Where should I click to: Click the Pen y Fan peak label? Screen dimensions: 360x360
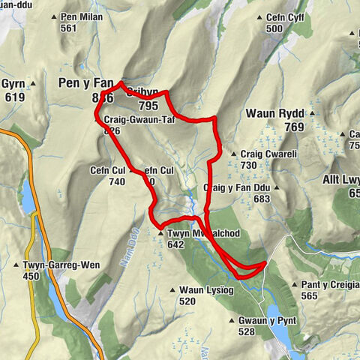pyautogui.click(x=86, y=84)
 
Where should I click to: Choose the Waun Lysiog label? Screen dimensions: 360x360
pyautogui.click(x=207, y=290)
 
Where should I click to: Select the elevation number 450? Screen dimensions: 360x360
pyautogui.click(x=31, y=277)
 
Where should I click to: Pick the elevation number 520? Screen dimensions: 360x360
pyautogui.click(x=187, y=301)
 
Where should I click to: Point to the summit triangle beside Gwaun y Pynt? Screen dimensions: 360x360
pyautogui.click(x=232, y=321)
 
